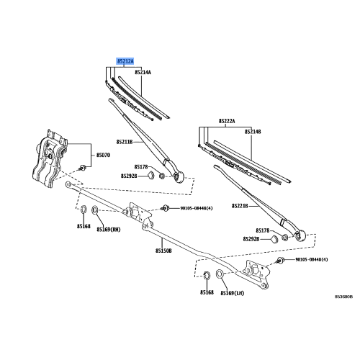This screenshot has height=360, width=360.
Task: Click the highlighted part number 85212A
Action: [125, 62]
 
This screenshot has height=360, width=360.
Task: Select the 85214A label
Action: [143, 72]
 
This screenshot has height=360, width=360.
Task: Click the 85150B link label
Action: [163, 251]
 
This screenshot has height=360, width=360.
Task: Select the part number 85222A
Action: [228, 121]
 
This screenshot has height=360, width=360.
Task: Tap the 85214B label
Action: [252, 132]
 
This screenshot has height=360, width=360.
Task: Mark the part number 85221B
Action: [240, 206]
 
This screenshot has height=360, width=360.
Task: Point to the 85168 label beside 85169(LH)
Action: [207, 293]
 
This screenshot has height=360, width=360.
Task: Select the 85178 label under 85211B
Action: [140, 167]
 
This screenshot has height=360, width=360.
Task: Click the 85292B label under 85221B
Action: [251, 238]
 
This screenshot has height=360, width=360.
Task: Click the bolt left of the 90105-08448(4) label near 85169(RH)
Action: [165, 208]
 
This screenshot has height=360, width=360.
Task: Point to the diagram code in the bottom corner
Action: [343, 295]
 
